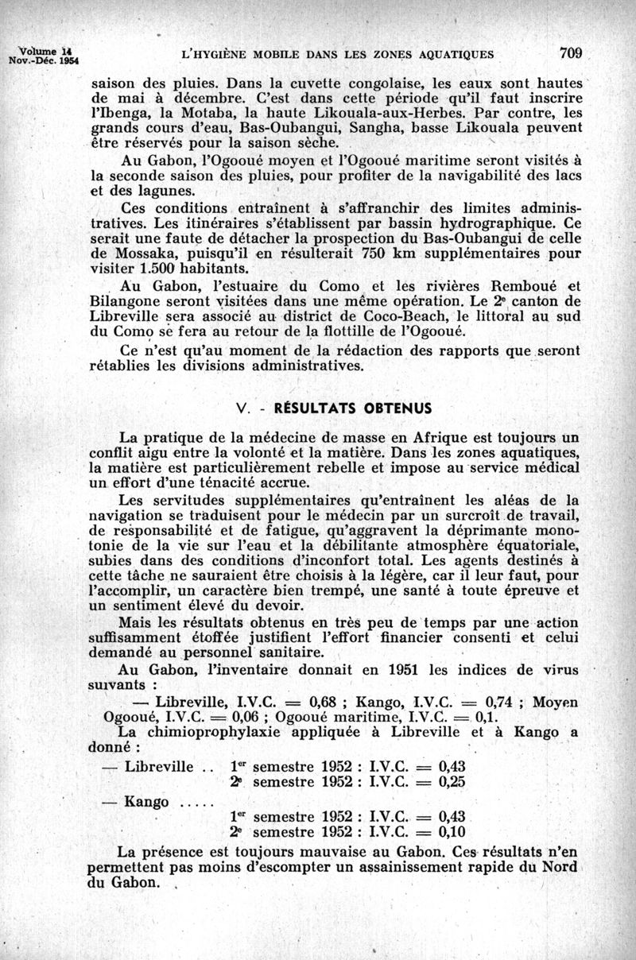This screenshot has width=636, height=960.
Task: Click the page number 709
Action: [572, 53]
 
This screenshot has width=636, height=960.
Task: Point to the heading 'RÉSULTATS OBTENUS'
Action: [353, 408]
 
